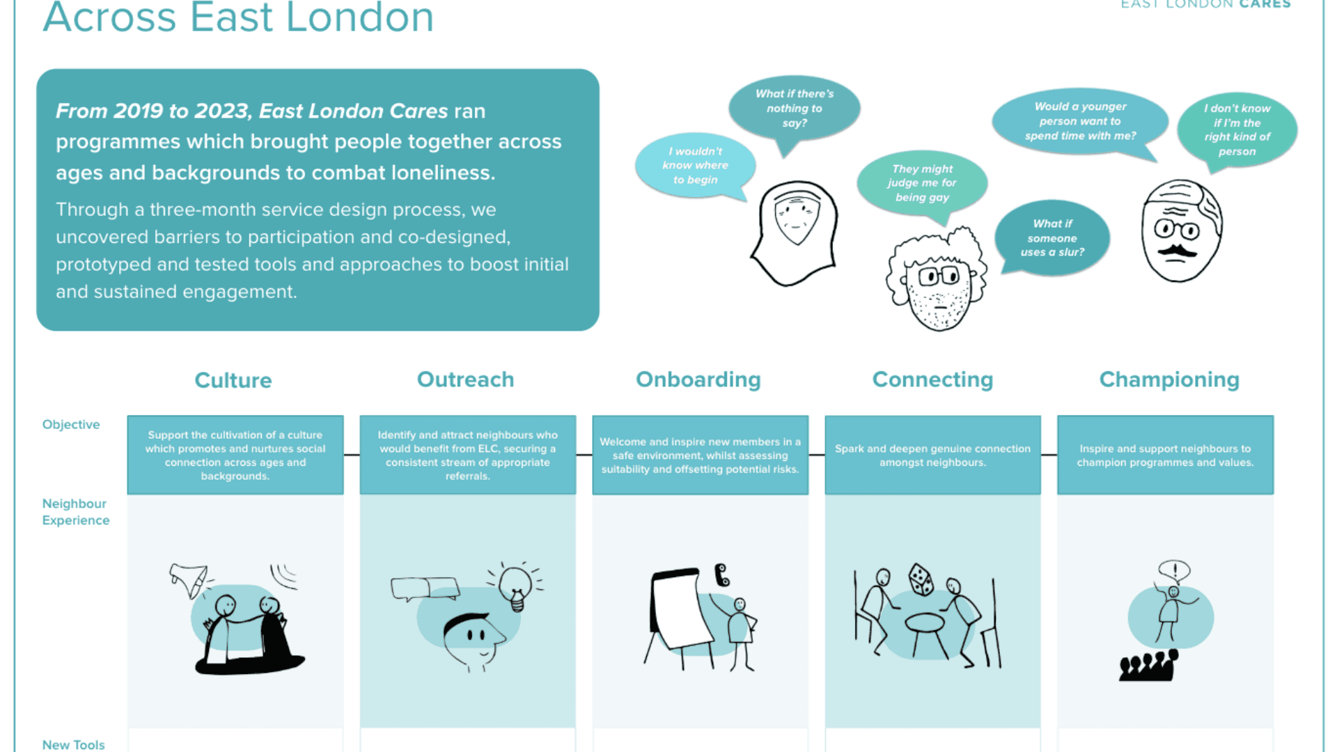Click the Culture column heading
233,380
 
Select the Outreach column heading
465,379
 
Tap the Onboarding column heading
698,379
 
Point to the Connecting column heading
932,379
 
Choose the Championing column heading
1169,379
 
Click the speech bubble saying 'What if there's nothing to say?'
794,109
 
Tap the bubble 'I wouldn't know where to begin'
695,166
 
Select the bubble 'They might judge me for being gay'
922,183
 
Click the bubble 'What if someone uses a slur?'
1052,238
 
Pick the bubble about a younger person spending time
1080,121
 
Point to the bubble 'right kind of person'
1237,130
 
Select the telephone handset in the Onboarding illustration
722,574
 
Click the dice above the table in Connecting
921,579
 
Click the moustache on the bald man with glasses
1177,249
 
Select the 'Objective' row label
71,425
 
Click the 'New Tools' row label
73,744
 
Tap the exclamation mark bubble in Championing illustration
1175,571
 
